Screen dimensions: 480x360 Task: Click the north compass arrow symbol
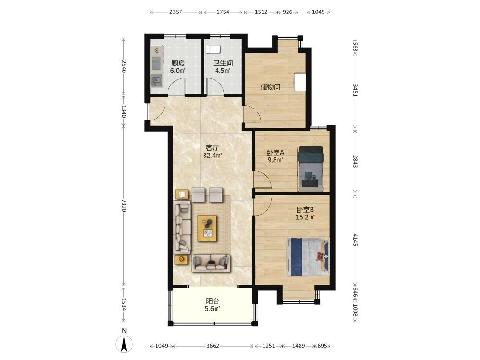coord(124,344)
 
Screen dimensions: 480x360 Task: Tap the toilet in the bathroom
coord(213,49)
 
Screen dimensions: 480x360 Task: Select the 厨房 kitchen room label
coord(178,63)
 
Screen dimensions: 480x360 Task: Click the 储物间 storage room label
coord(270,87)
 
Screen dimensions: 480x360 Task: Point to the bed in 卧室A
coord(311,169)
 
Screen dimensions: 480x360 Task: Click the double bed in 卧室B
coord(308,257)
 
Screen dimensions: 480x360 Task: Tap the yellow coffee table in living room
coord(207,228)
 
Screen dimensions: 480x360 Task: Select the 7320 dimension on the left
coord(124,205)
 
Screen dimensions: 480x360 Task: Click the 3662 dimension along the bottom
coord(213,346)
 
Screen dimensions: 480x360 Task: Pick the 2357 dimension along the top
coord(176,12)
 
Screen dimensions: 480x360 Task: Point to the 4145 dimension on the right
coord(355,240)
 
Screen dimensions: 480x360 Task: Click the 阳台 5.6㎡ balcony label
coord(213,305)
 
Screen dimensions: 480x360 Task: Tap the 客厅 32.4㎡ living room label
coord(213,152)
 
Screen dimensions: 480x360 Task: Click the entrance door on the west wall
coord(156,111)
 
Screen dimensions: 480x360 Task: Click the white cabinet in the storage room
coord(300,82)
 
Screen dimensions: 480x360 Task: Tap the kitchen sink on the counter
coord(157,81)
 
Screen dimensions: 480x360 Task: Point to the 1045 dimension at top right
coord(318,12)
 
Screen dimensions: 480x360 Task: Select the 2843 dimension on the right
coord(355,161)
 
